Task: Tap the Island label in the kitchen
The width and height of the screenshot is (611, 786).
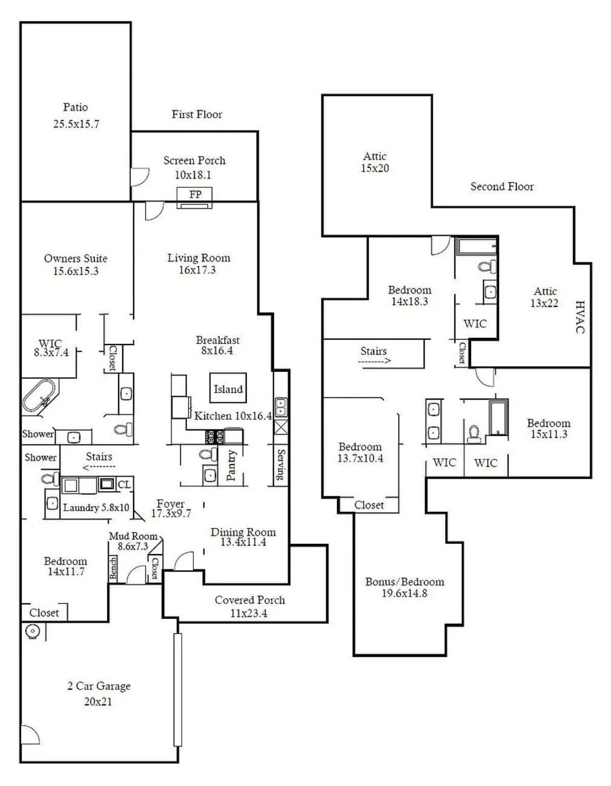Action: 228,389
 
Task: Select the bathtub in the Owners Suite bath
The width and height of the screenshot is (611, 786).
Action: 38,395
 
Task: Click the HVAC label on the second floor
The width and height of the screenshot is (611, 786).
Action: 580,317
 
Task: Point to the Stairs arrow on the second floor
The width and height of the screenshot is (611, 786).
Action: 374,361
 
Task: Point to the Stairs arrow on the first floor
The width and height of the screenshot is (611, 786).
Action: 99,467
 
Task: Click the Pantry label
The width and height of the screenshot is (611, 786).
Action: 231,465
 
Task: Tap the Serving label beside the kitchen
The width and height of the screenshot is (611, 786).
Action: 280,465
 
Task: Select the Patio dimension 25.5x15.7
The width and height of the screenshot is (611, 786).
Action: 76,124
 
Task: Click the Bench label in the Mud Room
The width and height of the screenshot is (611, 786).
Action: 113,568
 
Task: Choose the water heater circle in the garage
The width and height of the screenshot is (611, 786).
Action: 32,632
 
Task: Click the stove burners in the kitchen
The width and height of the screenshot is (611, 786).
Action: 214,436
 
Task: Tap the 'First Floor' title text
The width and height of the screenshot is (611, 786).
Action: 197,115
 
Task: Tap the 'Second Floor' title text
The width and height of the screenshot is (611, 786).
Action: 502,187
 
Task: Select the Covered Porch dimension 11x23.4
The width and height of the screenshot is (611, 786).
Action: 249,613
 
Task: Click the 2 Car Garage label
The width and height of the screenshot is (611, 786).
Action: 99,686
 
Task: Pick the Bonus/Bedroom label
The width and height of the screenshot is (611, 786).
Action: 404,582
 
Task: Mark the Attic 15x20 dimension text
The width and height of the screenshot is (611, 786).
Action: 375,168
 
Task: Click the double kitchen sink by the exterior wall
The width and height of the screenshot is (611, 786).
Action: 280,407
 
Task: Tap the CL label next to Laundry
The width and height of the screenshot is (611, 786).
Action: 124,485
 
